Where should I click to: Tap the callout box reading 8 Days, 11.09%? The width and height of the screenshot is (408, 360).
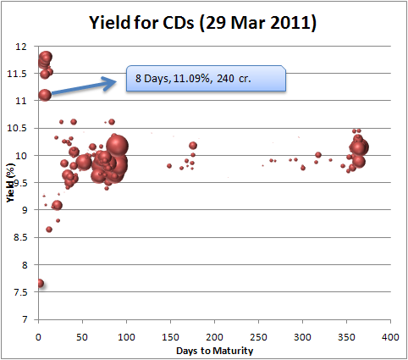point(206,79)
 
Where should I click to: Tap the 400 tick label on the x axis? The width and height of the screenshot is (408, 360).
point(390,336)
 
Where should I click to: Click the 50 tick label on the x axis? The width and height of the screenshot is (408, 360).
point(82,336)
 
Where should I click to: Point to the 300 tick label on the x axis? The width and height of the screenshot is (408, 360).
point(302,336)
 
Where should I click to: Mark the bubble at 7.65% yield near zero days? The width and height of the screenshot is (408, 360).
point(40,284)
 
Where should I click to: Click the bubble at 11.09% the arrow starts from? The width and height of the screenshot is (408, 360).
point(45,95)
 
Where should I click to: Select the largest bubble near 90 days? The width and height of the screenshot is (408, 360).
point(117,145)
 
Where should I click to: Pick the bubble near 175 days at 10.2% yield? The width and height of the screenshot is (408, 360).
point(193,146)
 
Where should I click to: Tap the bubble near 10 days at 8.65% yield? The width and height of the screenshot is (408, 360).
point(49,230)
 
